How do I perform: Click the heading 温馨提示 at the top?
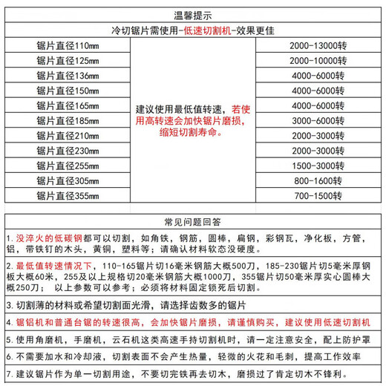[193, 13]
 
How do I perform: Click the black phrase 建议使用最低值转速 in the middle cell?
[179, 106]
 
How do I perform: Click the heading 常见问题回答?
[193, 222]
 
